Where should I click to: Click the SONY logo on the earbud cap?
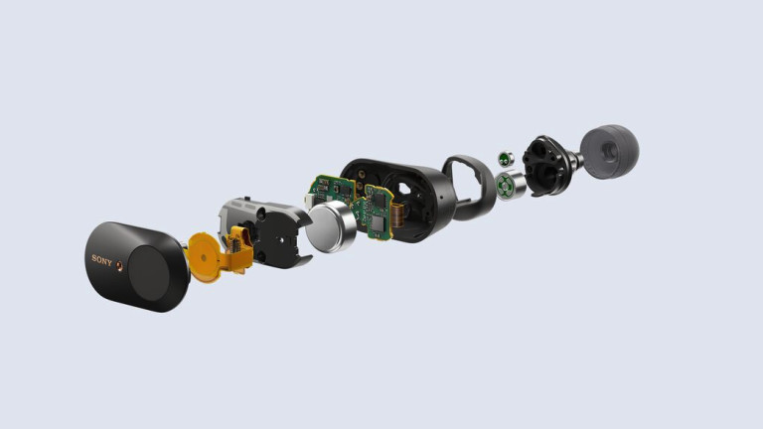(101, 260)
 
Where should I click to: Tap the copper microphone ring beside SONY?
(119, 266)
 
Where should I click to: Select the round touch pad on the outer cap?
(151, 273)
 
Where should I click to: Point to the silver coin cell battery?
(331, 227)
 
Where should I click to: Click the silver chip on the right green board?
(377, 224)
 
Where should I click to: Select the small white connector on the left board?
(308, 201)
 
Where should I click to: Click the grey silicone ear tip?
(609, 151)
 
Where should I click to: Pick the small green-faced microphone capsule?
(506, 159)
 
